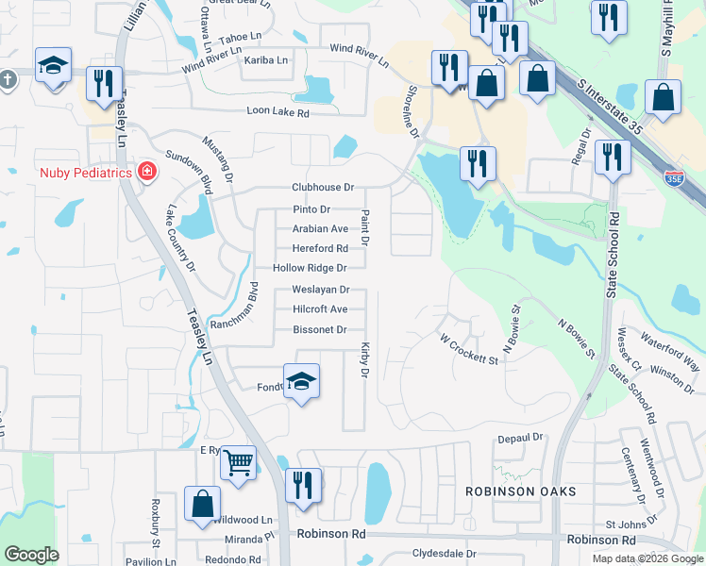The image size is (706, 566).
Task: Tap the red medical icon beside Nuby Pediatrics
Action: [x=146, y=172]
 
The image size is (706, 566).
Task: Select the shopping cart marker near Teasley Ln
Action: [x=239, y=461]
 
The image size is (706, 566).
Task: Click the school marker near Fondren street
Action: [x=301, y=381]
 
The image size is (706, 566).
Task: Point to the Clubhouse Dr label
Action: [x=323, y=188]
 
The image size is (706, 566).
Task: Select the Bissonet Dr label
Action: [x=320, y=329]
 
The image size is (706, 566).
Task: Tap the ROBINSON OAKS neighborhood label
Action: [x=506, y=491]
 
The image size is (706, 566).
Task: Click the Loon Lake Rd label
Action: [x=277, y=112]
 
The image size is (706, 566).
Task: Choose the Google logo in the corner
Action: [x=31, y=555]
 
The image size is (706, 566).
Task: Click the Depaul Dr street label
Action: [x=521, y=438]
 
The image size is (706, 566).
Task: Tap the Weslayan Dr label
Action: [x=321, y=290]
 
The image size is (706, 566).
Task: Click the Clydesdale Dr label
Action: [x=445, y=554]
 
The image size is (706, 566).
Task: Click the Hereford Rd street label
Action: [x=320, y=248]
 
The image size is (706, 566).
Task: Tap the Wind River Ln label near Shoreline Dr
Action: [x=359, y=56]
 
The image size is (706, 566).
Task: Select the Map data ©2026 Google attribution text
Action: [x=647, y=558]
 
